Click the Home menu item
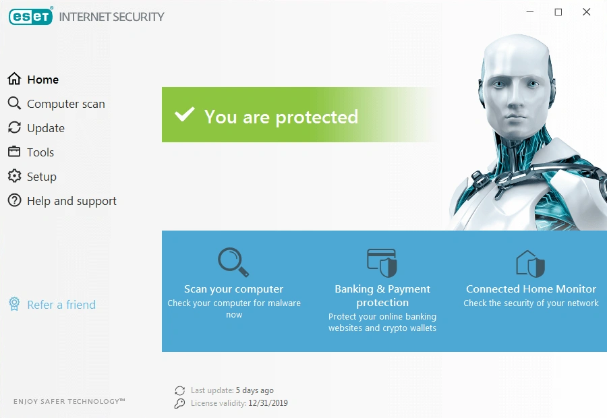(42, 80)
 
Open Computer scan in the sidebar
(65, 104)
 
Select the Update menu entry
(45, 128)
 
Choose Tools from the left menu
(40, 152)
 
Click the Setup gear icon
(14, 177)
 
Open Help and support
(71, 201)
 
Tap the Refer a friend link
(61, 305)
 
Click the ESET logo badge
(30, 16)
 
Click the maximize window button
(558, 12)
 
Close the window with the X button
(587, 12)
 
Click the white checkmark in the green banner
(184, 115)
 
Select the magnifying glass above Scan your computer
(233, 262)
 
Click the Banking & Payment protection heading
(382, 295)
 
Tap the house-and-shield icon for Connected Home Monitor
(530, 264)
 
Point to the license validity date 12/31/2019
(269, 403)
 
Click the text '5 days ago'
(255, 390)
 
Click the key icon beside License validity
(179, 403)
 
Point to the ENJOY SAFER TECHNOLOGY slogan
(69, 402)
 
